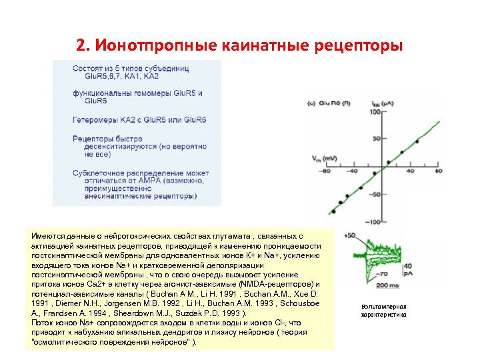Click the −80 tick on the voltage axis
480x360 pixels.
pyautogui.click(x=325, y=171)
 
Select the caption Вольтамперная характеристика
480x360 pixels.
pyautogui.click(x=383, y=311)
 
